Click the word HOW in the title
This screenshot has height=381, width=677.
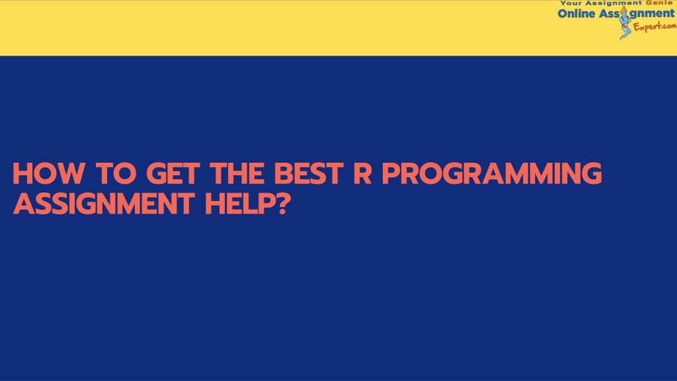tap(48, 173)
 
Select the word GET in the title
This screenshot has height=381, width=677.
tap(173, 173)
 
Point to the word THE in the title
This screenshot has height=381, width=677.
tap(237, 173)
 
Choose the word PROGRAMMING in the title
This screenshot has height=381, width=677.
tap(492, 173)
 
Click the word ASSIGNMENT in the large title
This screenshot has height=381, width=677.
tap(104, 204)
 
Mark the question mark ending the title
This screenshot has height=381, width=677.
tap(280, 204)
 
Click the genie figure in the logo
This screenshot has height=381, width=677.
tap(625, 22)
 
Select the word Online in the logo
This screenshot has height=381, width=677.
tap(577, 13)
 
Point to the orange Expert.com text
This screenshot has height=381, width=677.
tap(655, 26)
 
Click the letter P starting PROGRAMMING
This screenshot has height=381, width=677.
tap(391, 173)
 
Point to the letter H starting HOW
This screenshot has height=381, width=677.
tap(22, 173)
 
